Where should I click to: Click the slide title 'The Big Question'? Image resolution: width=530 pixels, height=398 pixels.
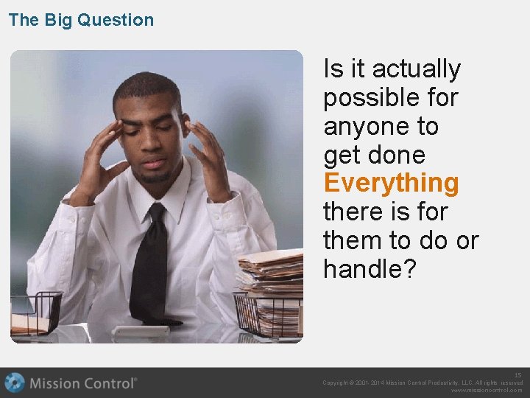81,20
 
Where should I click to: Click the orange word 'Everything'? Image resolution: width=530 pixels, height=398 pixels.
391,184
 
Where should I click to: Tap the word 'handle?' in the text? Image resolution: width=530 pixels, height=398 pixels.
370,270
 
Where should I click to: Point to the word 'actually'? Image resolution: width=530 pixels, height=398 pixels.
416,69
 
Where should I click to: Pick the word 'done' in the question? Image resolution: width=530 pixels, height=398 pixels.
397,156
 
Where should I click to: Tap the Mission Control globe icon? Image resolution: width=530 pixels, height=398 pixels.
15,383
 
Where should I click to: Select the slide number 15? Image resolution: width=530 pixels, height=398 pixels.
517,375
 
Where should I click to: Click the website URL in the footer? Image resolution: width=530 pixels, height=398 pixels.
486,391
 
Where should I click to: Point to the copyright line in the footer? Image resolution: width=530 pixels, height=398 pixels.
423,383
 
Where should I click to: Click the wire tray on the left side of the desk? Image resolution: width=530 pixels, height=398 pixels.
35,313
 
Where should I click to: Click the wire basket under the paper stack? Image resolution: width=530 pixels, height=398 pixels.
269,315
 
